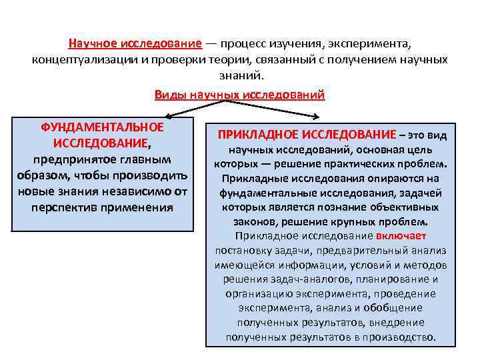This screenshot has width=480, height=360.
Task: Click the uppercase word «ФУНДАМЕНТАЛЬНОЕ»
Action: (102, 127)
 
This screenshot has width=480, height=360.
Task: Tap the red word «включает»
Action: (401, 235)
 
